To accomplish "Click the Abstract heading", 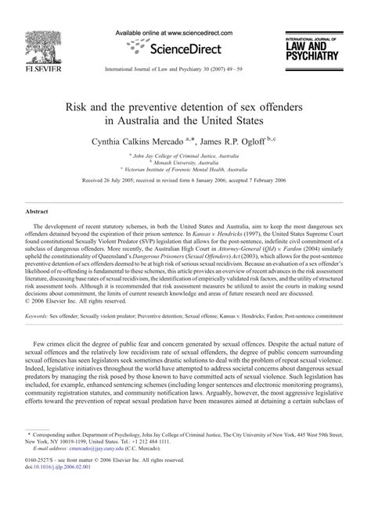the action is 38,211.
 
